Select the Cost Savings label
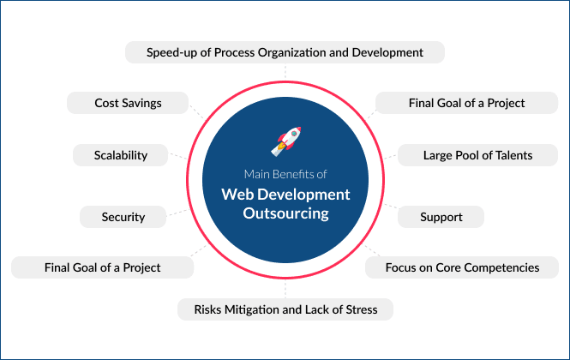[128, 103]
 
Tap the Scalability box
[121, 155]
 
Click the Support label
[441, 217]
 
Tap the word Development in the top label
[388, 52]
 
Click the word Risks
[211, 309]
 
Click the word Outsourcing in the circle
[285, 213]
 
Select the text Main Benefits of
[285, 174]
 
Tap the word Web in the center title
[237, 194]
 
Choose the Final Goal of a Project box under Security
[102, 267]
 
